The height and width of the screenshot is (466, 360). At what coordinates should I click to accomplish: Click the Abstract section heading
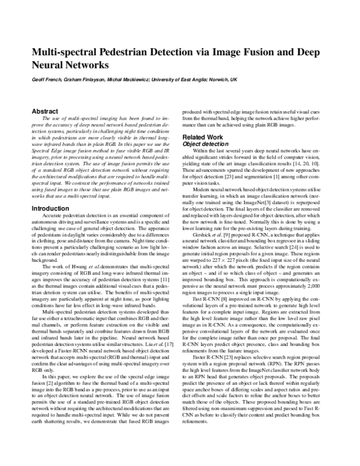point(44,111)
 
